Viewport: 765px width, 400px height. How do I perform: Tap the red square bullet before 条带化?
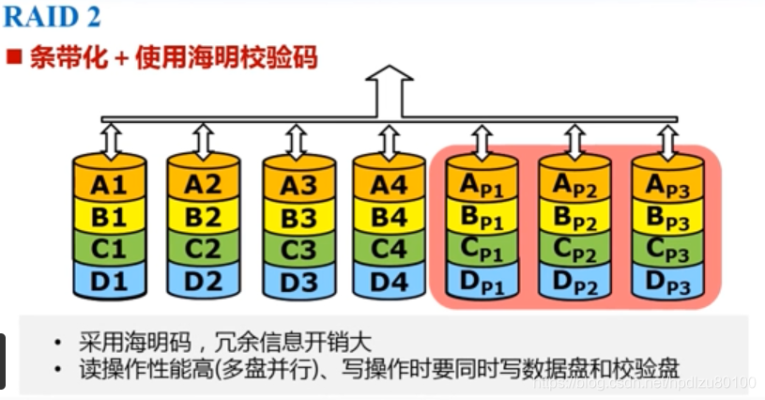point(14,58)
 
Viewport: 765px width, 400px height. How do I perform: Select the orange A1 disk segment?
point(109,185)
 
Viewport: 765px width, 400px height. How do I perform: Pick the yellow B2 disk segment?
point(203,217)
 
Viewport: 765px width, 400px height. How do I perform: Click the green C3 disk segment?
point(298,250)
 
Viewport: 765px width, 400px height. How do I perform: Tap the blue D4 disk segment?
point(388,280)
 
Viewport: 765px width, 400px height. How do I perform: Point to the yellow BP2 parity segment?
point(574,220)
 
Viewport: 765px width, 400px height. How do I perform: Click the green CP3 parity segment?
point(666,252)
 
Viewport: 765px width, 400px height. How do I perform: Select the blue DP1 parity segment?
point(481,283)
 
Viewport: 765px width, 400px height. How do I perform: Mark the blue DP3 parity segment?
point(666,283)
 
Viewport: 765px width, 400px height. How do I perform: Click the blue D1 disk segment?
point(109,280)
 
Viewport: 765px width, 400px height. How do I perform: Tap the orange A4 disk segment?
point(388,185)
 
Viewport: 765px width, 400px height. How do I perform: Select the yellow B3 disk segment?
point(298,219)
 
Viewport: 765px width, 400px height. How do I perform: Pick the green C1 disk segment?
point(109,249)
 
